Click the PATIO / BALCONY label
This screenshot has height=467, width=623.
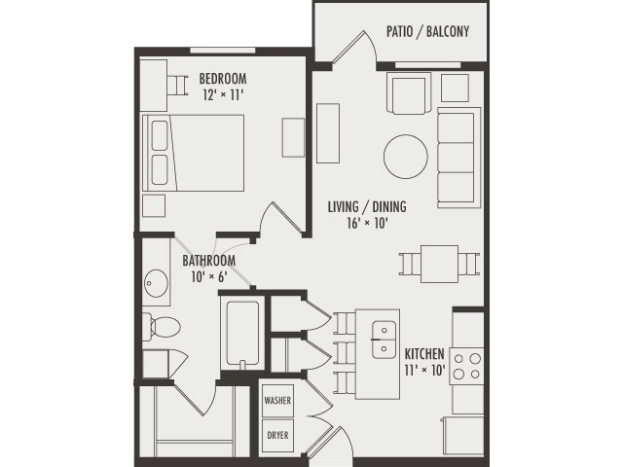click(427, 31)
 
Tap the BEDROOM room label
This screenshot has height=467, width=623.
click(222, 79)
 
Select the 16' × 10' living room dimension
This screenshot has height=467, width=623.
click(366, 223)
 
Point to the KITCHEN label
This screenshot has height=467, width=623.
click(425, 352)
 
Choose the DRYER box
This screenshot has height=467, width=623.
click(277, 435)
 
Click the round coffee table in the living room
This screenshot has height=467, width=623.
click(405, 155)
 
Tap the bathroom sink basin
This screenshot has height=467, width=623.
click(156, 286)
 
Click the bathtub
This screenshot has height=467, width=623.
click(241, 334)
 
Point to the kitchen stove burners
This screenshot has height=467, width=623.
click(466, 365)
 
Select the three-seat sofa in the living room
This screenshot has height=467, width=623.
click(458, 157)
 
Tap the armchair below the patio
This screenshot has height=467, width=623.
click(408, 93)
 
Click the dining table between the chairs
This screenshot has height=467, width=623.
click(439, 262)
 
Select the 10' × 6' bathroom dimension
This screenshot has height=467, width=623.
click(208, 276)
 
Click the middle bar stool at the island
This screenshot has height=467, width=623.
click(344, 350)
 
